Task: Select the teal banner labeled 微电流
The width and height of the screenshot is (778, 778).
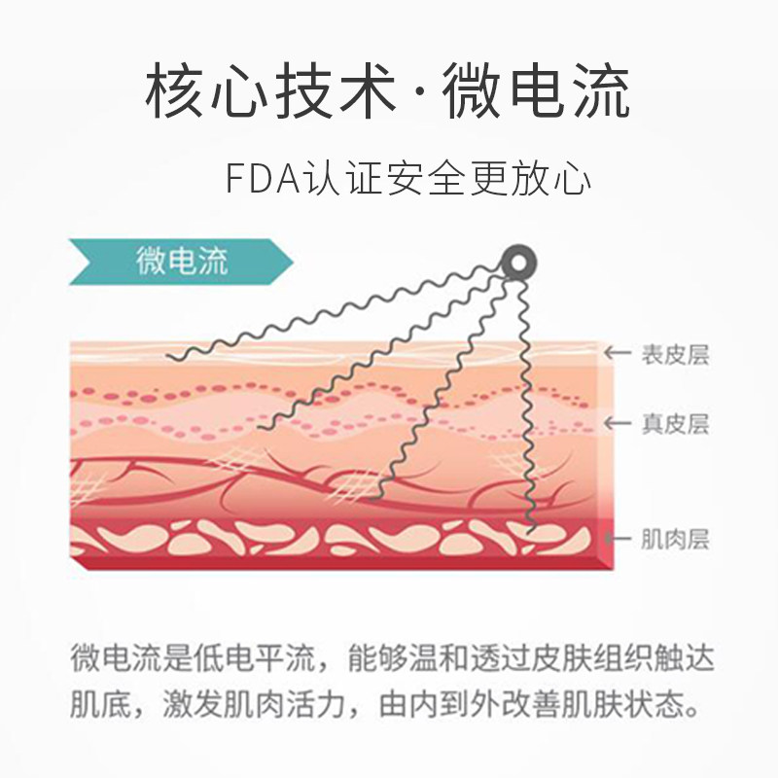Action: pos(180,261)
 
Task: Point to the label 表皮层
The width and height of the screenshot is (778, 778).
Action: pos(674,354)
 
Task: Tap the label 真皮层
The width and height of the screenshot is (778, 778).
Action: pos(674,424)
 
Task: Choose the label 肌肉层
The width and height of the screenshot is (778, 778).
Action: pos(674,538)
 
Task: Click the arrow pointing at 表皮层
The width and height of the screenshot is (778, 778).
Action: pos(617,354)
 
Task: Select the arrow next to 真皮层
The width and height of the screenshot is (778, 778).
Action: pos(617,424)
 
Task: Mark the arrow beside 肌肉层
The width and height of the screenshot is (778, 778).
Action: pos(617,538)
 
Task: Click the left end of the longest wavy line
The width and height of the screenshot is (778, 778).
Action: pos(169,358)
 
